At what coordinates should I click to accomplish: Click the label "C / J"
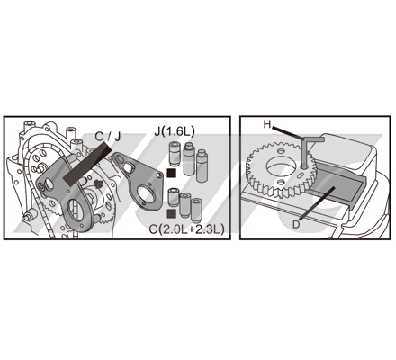tap(108, 137)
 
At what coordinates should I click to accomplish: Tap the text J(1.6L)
tap(175, 131)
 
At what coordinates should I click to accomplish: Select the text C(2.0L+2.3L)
tap(186, 229)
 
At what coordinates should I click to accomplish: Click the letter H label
tap(267, 124)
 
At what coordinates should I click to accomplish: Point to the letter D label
tap(296, 224)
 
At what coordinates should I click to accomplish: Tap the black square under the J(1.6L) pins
tap(172, 173)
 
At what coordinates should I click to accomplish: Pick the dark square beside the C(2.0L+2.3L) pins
tap(172, 213)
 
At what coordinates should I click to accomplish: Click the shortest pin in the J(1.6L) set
tap(175, 153)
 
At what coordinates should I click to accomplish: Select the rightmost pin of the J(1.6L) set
tap(202, 166)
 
